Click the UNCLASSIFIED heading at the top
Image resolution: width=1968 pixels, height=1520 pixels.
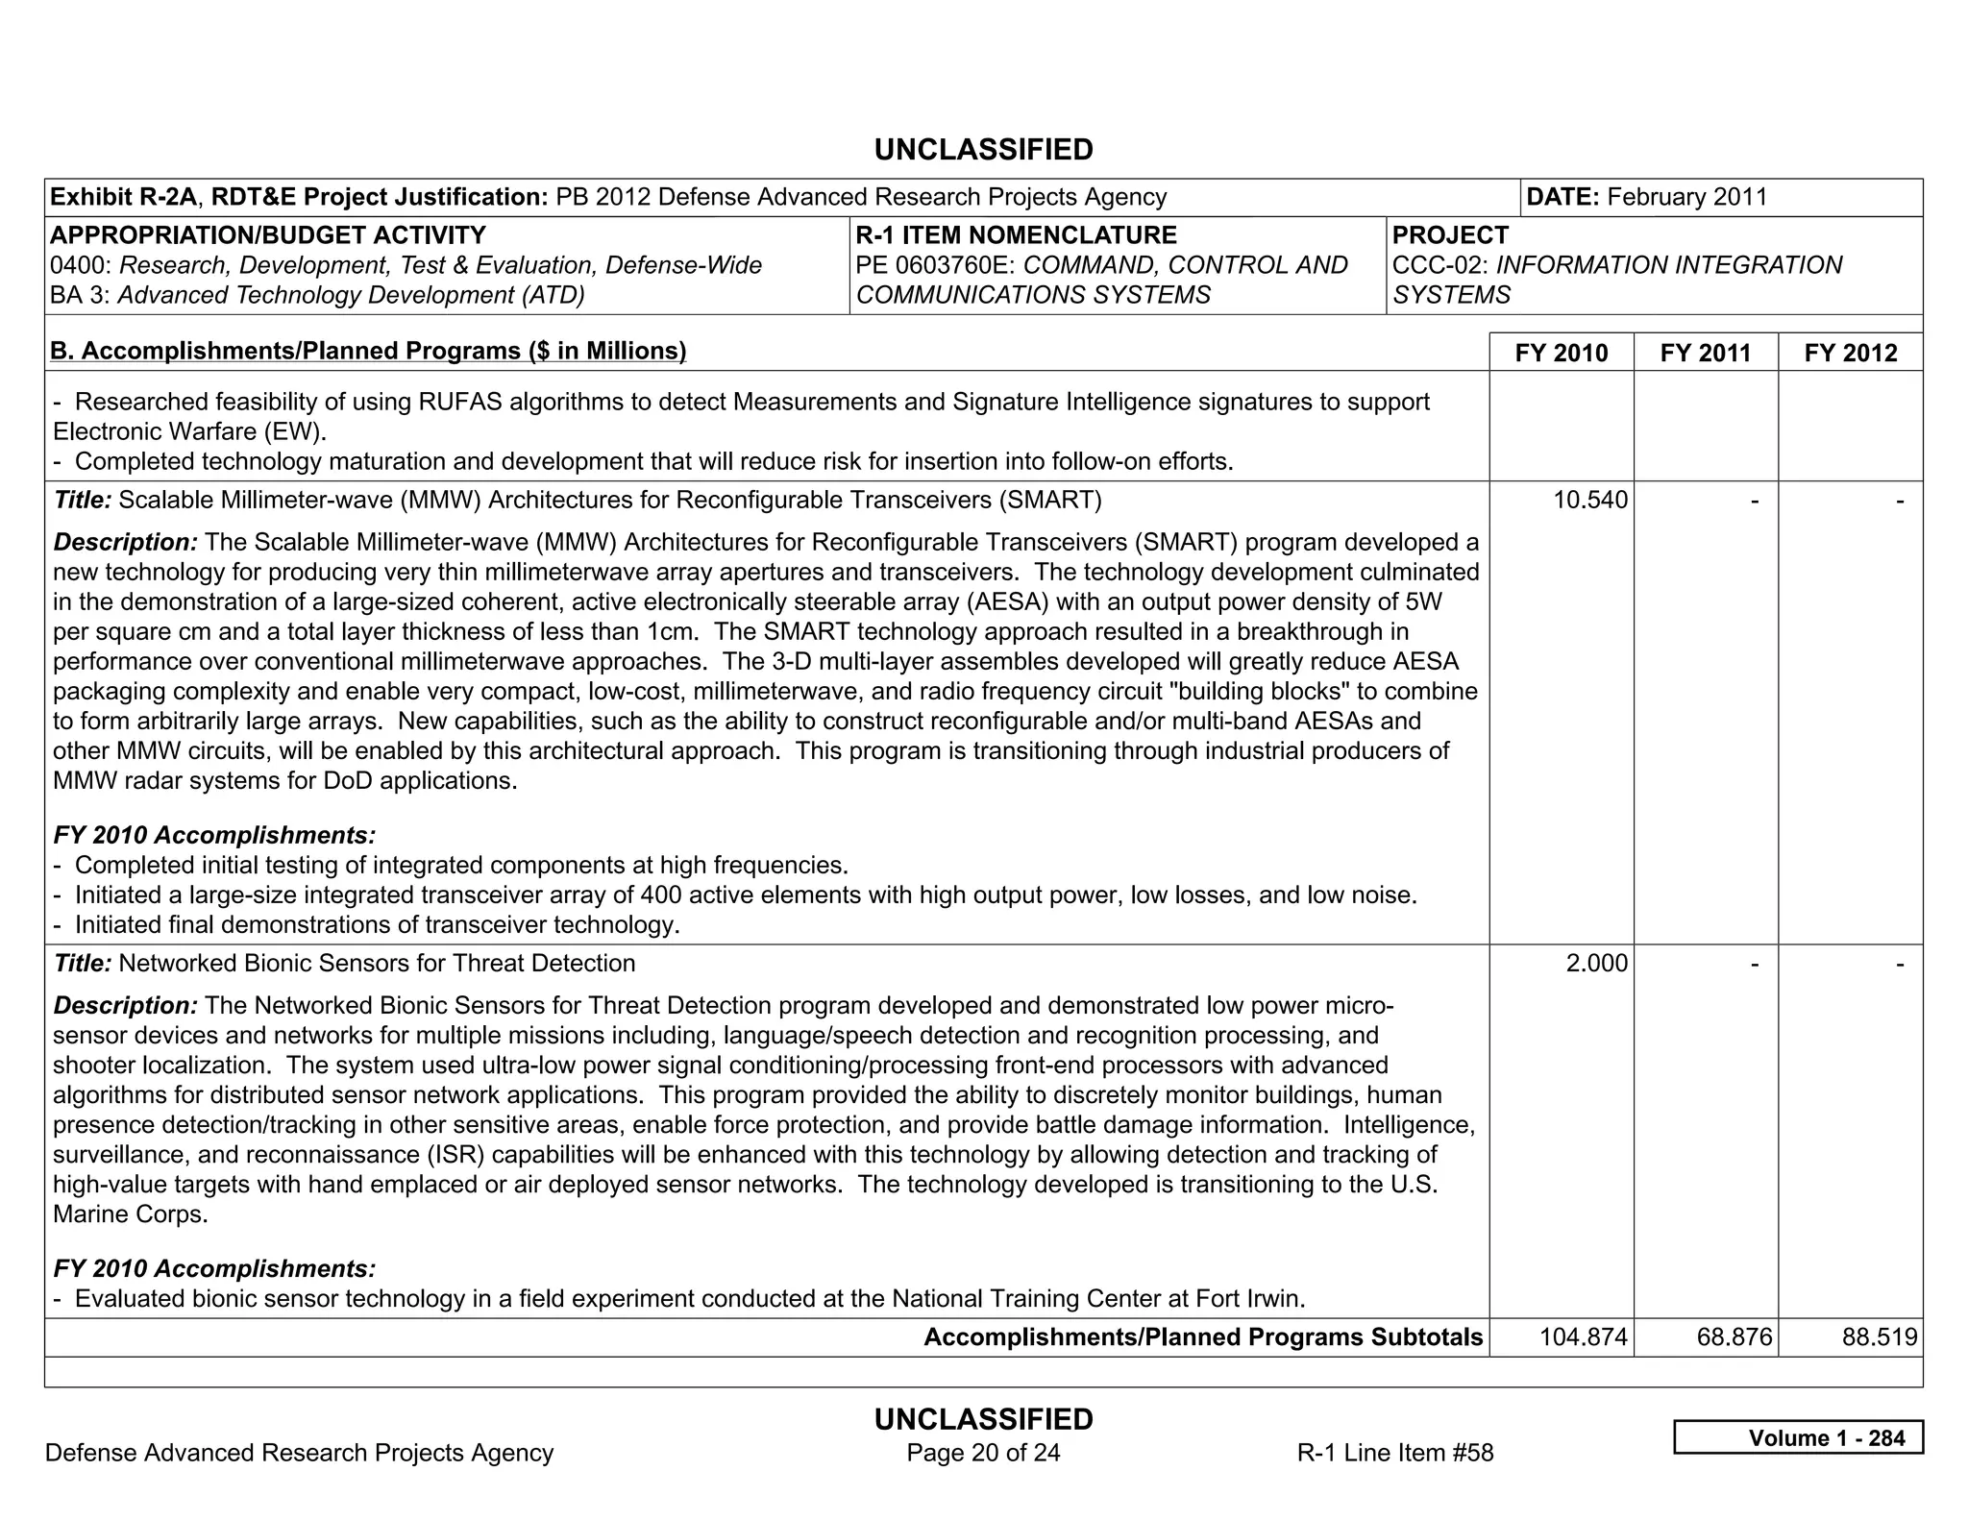coord(983,150)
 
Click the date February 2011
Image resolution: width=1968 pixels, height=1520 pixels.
coord(1686,197)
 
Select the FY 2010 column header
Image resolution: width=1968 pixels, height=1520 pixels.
coord(1561,353)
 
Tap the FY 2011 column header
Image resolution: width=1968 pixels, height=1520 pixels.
coord(1705,353)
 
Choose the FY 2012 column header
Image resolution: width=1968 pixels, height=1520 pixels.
coord(1850,353)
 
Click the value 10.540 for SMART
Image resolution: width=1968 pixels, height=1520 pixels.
coord(1590,500)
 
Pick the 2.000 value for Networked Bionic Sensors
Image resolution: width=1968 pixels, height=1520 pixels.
coord(1596,963)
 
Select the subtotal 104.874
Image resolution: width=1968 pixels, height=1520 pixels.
coord(1583,1336)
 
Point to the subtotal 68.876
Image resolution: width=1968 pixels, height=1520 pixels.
coord(1734,1336)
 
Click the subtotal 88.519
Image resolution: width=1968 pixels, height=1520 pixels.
coord(1879,1336)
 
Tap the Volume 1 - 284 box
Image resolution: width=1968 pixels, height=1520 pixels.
coord(1798,1437)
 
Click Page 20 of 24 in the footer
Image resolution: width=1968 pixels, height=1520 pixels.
coord(983,1452)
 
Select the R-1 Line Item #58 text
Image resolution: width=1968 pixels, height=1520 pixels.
coord(1394,1452)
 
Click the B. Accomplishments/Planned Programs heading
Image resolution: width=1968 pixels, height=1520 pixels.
coord(368,351)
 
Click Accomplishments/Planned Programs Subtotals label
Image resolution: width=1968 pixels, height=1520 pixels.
coord(1203,1336)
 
